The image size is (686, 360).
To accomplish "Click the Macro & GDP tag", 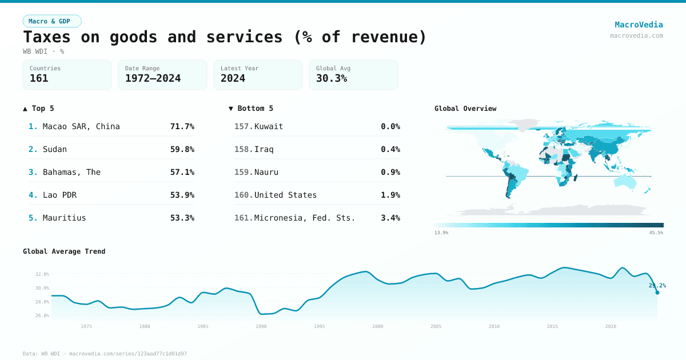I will tap(52, 21).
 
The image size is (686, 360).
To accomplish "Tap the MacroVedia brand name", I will tap(639, 25).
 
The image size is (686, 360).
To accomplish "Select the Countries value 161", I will tap(39, 78).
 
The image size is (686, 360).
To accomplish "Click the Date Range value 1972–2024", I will tap(153, 78).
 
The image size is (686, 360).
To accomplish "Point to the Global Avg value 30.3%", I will tap(332, 78).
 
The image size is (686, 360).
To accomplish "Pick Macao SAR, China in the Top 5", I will tap(81, 126).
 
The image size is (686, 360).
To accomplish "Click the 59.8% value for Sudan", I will tap(182, 149).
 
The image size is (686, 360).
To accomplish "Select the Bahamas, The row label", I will tap(71, 172).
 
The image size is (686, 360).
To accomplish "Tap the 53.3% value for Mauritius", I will tap(182, 218).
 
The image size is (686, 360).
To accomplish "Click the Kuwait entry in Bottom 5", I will tap(269, 126).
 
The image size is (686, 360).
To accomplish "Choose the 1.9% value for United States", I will tap(390, 195).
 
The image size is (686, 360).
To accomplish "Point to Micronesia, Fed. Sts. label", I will tap(305, 218).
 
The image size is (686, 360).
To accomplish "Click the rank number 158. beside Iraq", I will tap(244, 149).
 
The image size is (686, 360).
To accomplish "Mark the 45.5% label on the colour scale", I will tap(656, 233).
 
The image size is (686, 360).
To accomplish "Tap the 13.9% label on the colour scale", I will tap(441, 233).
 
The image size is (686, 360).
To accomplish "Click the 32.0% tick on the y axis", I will tap(42, 274).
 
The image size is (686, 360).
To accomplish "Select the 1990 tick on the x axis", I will tap(261, 326).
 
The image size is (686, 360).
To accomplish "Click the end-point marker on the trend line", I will tap(657, 293).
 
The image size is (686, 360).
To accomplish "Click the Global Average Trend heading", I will tap(64, 251).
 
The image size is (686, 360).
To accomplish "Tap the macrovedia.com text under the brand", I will tap(636, 35).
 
